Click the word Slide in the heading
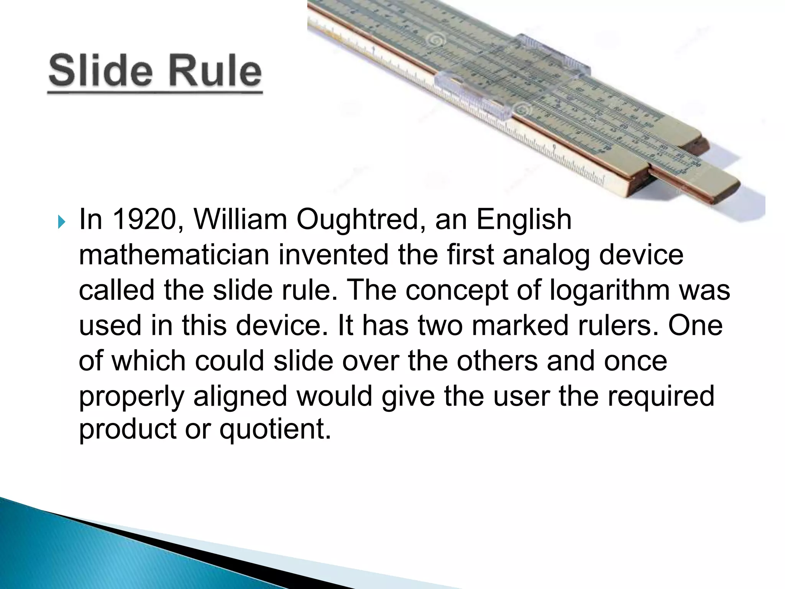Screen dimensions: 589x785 [x=100, y=71]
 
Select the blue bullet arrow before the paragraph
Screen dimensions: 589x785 [x=61, y=222]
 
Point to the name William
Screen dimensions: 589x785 [x=240, y=220]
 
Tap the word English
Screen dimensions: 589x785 [x=524, y=220]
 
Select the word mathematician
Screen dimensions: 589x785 [x=174, y=255]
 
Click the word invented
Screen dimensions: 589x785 [x=333, y=255]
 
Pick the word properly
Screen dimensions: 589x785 [x=131, y=396]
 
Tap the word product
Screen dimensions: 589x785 [x=128, y=429]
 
